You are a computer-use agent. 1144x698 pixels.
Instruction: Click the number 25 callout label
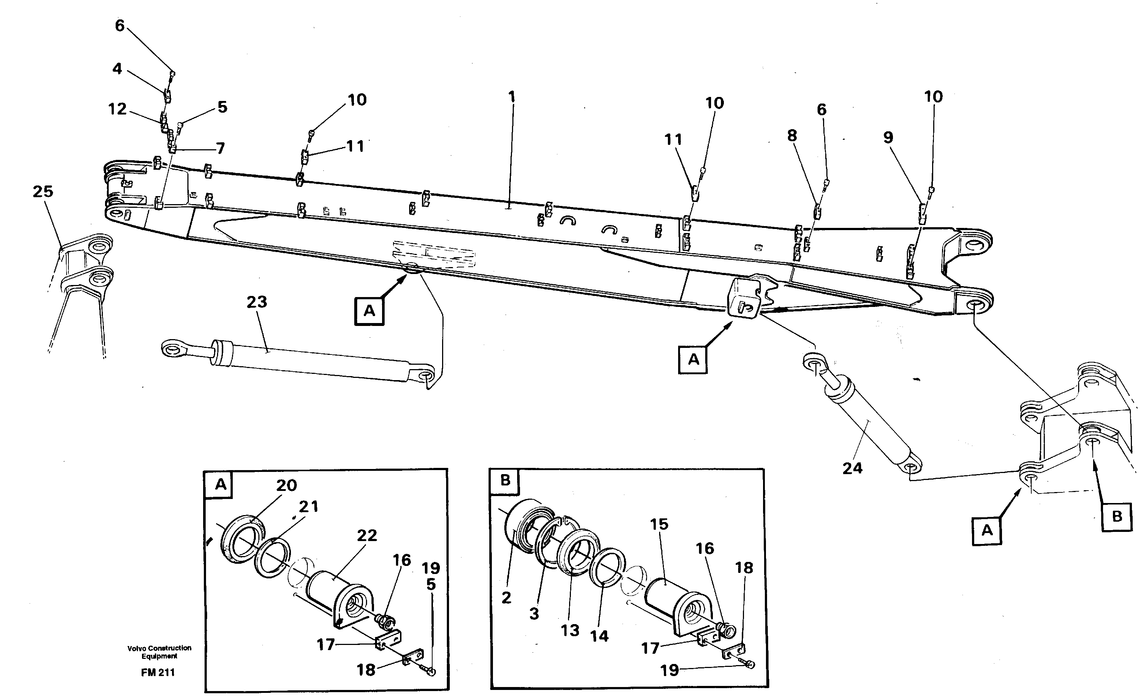point(43,192)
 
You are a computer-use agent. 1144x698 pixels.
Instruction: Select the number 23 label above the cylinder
point(257,302)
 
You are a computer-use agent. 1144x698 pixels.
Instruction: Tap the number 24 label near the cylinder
point(852,468)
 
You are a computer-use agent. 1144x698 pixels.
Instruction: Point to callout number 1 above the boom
point(512,97)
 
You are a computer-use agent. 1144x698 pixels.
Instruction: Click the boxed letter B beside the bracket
point(1117,516)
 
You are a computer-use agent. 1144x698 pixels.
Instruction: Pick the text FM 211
point(158,672)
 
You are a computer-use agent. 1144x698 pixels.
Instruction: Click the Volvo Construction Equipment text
point(159,652)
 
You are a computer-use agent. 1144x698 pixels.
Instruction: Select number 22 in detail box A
point(367,535)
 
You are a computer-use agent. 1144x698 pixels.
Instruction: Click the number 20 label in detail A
point(287,485)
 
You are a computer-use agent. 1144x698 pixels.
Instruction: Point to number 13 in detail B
point(570,630)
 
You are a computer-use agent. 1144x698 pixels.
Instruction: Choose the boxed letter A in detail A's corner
point(221,484)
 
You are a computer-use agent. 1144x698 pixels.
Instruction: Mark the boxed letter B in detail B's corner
point(505,480)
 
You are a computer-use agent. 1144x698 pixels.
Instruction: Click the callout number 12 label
point(117,109)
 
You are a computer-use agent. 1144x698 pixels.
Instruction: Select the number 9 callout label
point(888,138)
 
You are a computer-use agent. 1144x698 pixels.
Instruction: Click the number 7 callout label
point(221,148)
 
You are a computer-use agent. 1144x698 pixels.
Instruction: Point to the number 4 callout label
point(117,69)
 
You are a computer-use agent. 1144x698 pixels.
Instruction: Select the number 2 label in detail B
point(506,598)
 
